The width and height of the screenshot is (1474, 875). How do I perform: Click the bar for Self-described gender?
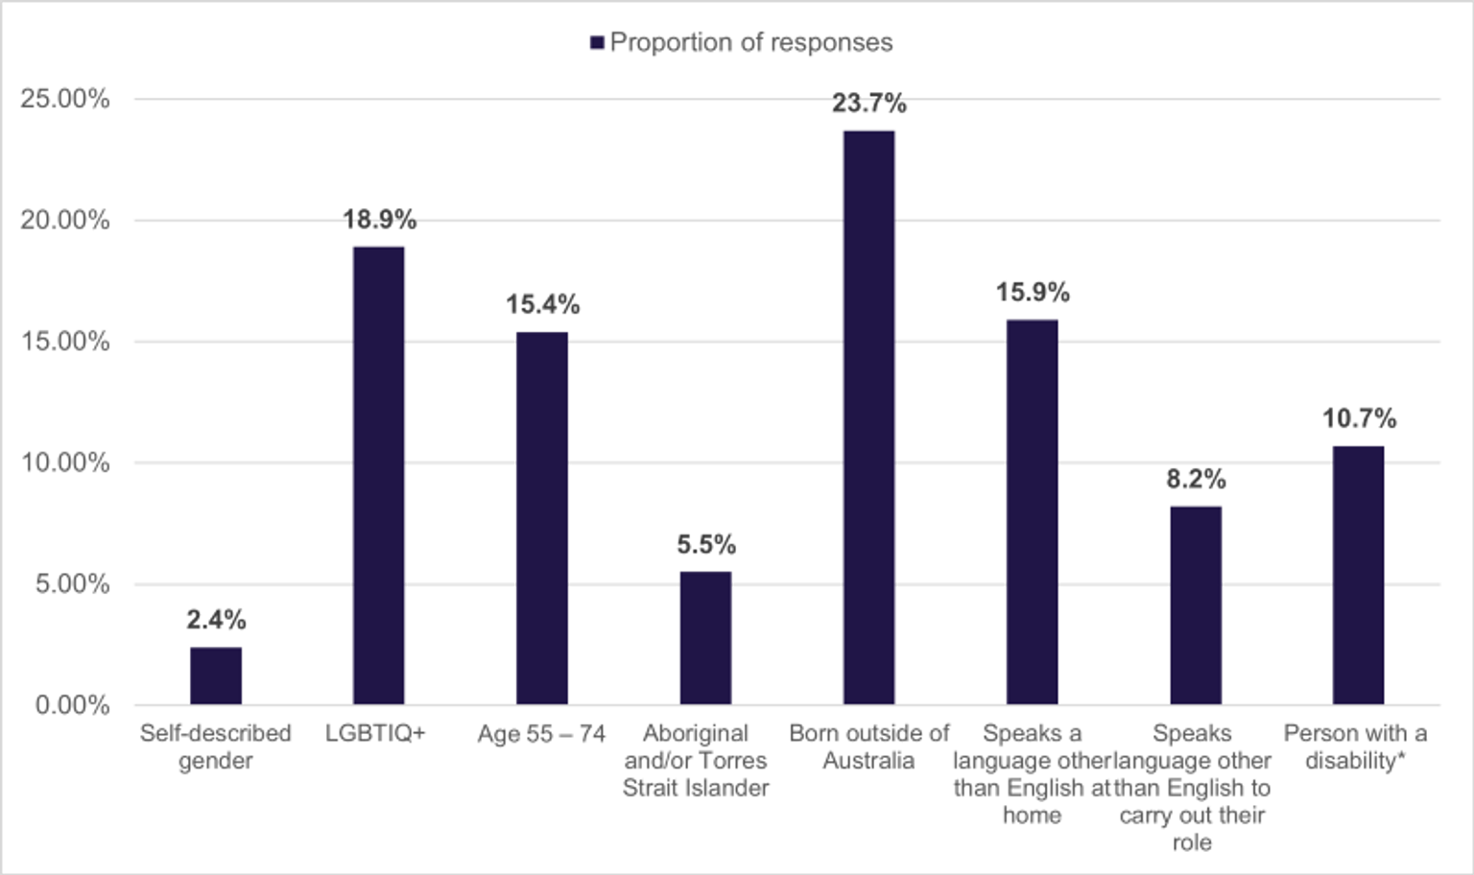pos(216,676)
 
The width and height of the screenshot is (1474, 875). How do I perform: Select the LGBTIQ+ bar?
pos(379,476)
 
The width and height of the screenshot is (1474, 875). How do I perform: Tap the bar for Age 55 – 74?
pos(542,518)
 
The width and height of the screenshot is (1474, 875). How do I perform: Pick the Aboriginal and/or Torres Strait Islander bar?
pos(705,638)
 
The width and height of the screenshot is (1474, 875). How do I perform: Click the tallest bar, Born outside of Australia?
pos(868,417)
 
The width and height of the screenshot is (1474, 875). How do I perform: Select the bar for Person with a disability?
pos(1358,576)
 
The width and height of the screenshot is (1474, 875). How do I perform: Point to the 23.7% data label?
pos(868,103)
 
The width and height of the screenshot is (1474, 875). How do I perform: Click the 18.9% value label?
pos(380,220)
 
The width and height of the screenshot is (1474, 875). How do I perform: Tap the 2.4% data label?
pos(216,620)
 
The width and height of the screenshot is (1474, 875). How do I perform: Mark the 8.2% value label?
pos(1196,479)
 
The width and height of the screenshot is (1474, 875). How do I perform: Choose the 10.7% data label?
pos(1359,418)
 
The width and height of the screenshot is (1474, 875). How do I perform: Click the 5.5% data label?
pos(706,545)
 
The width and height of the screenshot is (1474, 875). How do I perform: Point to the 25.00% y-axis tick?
pos(65,99)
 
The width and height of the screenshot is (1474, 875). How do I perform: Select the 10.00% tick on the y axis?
pos(65,462)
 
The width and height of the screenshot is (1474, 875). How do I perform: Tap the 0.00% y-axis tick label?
pos(72,705)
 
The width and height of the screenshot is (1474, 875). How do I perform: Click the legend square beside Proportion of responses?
pos(597,43)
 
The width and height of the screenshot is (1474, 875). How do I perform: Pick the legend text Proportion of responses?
pos(751,43)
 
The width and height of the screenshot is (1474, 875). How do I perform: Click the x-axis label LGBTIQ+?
pos(374,734)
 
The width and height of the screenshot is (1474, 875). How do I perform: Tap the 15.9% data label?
pos(1033,293)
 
